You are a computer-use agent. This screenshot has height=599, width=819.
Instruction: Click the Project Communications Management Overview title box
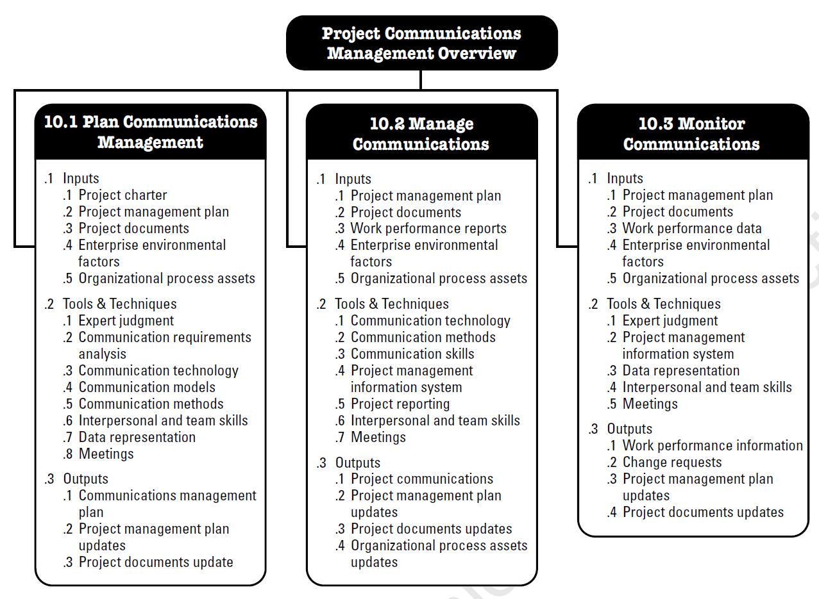coord(421,43)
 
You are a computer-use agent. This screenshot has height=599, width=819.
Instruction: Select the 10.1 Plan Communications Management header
coord(151,131)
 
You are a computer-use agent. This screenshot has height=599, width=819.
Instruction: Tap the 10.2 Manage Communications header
coord(421,133)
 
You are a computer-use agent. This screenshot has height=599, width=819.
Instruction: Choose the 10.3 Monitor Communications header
coord(692,133)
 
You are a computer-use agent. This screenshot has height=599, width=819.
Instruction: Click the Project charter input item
coord(122,195)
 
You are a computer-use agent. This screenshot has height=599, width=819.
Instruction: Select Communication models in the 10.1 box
coord(147,387)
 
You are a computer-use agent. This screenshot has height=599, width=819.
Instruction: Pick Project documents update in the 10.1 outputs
coord(156,562)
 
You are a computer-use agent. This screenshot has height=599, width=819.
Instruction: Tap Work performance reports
coord(428,229)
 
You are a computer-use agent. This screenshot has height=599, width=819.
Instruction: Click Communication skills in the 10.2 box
coord(412,354)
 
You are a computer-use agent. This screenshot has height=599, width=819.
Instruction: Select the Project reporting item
coord(400,404)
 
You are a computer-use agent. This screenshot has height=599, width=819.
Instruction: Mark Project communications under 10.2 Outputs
coord(422,479)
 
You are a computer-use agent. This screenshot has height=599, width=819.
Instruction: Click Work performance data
coord(692,229)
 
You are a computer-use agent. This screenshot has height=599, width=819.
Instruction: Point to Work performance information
coord(713,446)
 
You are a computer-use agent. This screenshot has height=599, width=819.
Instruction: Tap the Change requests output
coord(672,463)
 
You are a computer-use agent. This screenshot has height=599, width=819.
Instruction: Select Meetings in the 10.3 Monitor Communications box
coord(650,404)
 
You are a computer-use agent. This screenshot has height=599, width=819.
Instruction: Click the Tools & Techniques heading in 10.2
coord(392,304)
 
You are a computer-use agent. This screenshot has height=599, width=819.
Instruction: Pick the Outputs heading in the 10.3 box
coord(630,429)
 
